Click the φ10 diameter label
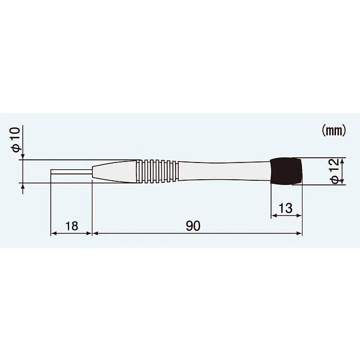tap(16, 140)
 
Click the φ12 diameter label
tap(335, 171)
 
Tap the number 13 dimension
tap(286, 208)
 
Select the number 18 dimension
tap(72, 226)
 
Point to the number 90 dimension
tap(193, 226)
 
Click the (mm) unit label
tap(333, 131)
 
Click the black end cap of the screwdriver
tap(286, 171)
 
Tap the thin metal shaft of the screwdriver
tap(72, 172)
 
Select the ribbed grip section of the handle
tap(157, 171)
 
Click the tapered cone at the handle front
tap(114, 171)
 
